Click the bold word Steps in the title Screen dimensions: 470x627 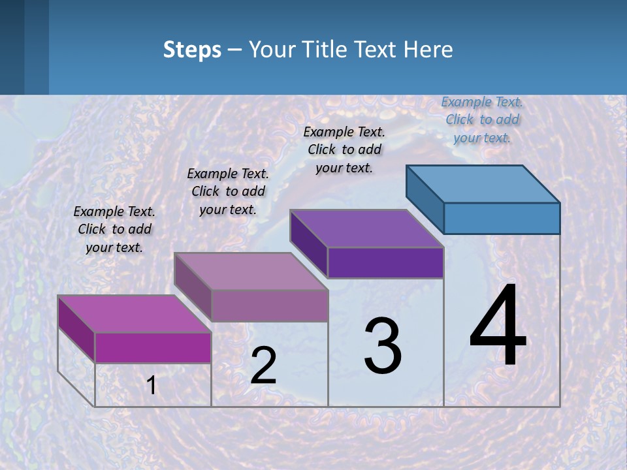click(x=192, y=50)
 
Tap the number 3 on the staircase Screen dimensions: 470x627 click(x=383, y=346)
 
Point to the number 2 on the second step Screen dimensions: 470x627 click(x=263, y=366)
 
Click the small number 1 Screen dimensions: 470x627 click(x=152, y=385)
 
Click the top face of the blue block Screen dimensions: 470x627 click(x=483, y=183)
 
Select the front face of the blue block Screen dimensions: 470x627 click(x=502, y=218)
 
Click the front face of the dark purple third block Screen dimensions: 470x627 click(x=385, y=262)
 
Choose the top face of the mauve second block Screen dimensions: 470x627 click(x=251, y=271)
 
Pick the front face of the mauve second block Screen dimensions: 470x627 click(x=269, y=305)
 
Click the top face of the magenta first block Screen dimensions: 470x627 click(x=135, y=313)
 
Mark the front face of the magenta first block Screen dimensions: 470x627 click(x=153, y=347)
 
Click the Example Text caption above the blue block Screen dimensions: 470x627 click(x=482, y=119)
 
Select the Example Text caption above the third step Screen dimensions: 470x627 click(x=344, y=149)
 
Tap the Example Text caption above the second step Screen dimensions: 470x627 click(x=228, y=191)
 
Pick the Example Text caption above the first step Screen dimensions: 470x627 click(x=114, y=229)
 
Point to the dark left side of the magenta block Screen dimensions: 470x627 click(x=76, y=326)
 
